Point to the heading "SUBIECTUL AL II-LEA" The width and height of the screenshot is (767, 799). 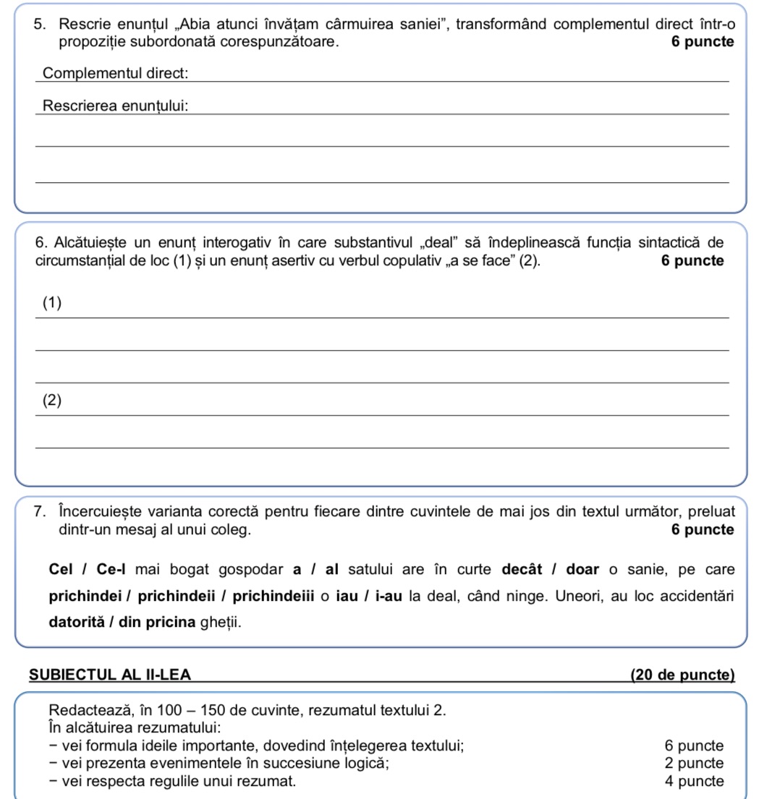pos(110,675)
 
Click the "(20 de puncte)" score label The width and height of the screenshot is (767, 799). pos(682,675)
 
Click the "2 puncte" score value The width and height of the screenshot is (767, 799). pos(693,764)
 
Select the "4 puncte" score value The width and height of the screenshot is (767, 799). pos(693,781)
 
